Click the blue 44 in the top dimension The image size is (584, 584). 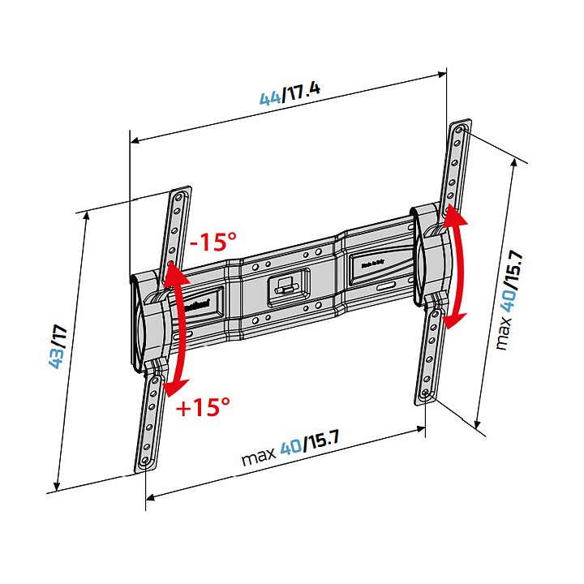270,98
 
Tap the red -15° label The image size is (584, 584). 213,243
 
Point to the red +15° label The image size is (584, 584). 204,407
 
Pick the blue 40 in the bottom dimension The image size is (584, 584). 290,448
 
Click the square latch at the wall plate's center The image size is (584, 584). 283,286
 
